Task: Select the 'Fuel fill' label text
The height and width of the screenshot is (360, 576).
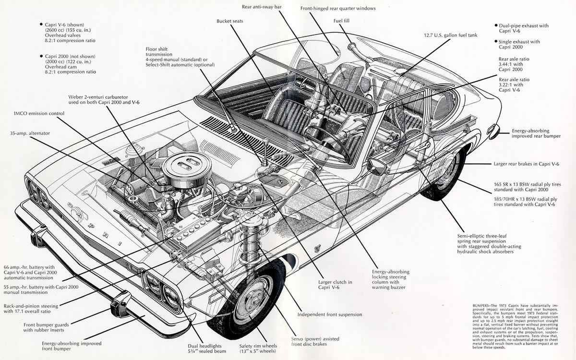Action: tap(341, 21)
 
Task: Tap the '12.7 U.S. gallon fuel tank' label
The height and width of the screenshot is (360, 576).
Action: tap(451, 35)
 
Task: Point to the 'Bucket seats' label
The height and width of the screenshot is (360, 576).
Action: tap(230, 21)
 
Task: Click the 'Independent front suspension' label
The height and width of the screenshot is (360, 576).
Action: tap(329, 315)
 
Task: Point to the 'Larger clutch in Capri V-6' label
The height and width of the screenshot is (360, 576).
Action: tap(335, 285)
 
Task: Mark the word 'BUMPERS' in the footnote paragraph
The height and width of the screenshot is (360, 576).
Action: tap(477, 305)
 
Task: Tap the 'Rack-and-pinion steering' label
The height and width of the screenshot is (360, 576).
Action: tap(30, 309)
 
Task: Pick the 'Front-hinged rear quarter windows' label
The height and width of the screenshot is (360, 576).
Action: tap(338, 8)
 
